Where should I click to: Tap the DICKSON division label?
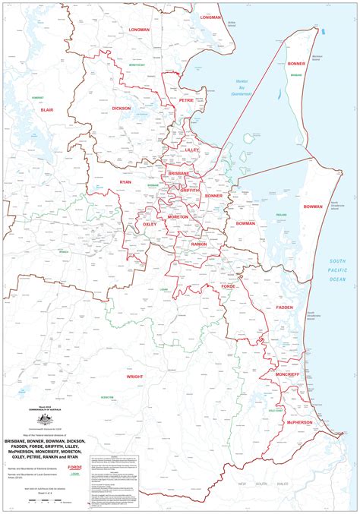[x=122, y=109]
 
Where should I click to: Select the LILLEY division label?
[x=191, y=151]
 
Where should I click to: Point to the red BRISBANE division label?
[x=178, y=173]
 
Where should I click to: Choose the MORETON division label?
[x=178, y=216]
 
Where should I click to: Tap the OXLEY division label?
[x=150, y=225]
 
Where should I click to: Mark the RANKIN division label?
[x=199, y=244]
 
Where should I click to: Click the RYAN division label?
[x=125, y=182]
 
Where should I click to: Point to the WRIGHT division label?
[x=134, y=376]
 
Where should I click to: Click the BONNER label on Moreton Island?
[x=297, y=65]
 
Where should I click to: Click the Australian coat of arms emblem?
[x=45, y=419]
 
